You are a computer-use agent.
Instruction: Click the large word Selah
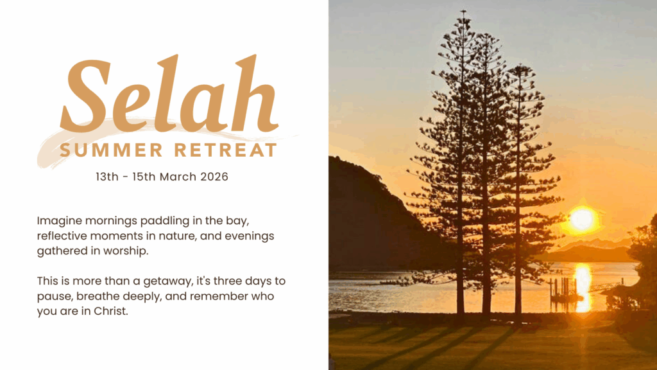click(x=169, y=94)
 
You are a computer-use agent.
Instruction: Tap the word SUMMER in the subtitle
click(x=111, y=150)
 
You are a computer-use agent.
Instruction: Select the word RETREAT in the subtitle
click(x=225, y=150)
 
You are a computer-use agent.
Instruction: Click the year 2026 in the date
click(x=214, y=177)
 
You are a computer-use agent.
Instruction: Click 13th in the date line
click(x=107, y=177)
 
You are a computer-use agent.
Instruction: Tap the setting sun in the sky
click(x=582, y=219)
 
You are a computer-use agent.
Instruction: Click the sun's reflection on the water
click(x=583, y=288)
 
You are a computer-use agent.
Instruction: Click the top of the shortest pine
click(x=520, y=66)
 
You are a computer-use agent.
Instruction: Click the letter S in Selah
click(x=85, y=96)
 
